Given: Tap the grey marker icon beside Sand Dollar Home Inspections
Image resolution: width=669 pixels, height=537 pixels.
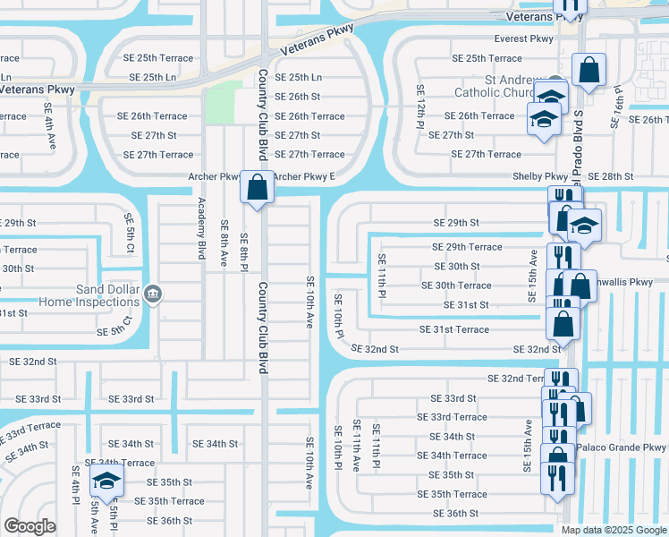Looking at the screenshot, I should click(x=153, y=294).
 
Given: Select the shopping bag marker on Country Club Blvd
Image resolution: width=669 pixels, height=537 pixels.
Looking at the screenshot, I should click(x=257, y=188).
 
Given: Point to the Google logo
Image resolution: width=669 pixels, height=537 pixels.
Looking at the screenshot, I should click(x=30, y=526).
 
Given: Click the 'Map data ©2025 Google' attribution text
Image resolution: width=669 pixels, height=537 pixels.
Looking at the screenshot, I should click(x=614, y=530).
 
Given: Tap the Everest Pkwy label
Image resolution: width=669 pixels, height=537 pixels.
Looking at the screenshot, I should click(x=524, y=38).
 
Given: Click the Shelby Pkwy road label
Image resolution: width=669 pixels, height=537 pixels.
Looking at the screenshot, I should click(x=539, y=177).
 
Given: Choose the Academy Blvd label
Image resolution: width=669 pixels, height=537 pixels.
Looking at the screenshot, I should click(x=201, y=228).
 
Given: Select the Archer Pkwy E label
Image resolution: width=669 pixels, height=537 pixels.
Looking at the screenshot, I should click(x=303, y=176).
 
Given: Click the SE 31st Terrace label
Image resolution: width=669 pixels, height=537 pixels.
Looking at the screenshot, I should click(x=454, y=329).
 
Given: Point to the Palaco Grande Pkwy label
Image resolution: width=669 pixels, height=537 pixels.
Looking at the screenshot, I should click(x=622, y=447).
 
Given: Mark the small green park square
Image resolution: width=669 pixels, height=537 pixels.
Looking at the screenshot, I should click(x=224, y=102).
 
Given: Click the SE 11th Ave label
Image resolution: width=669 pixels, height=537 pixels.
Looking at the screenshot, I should click(x=356, y=446).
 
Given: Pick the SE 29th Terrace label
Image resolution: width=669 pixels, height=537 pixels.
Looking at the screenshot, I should click(x=467, y=247).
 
